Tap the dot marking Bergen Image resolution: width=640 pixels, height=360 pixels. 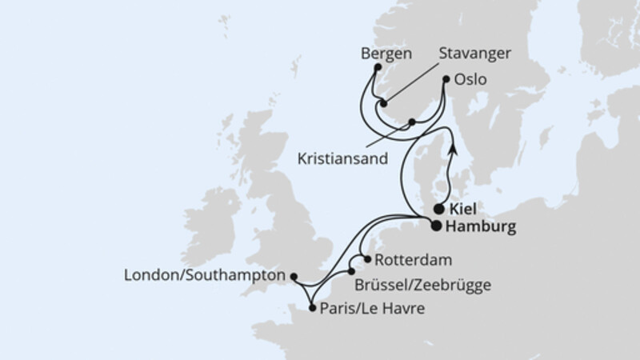(x=377, y=68)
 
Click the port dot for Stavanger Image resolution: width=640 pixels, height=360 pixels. (x=383, y=103)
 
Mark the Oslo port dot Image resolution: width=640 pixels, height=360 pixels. (x=447, y=79)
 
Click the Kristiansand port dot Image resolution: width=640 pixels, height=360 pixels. (x=412, y=122)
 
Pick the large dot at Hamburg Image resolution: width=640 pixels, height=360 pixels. (x=435, y=226)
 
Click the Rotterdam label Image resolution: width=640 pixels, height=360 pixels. (x=408, y=260)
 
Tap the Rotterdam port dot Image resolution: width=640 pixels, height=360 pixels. (x=367, y=258)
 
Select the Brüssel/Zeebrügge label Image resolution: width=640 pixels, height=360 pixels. (x=425, y=283)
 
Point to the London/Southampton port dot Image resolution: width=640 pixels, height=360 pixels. (x=293, y=278)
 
